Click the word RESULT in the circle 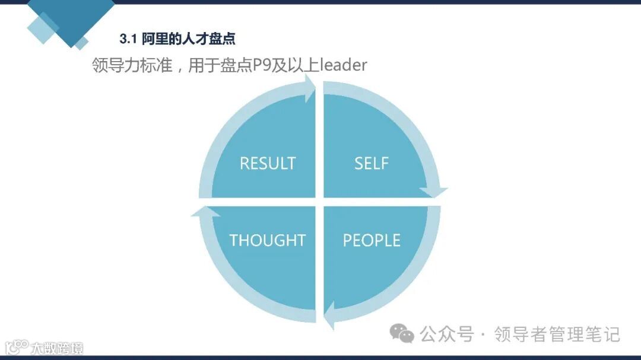267,163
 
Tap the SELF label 372,163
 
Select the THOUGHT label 267,240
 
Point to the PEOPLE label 372,240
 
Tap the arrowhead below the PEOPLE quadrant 330,316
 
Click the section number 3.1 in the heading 128,39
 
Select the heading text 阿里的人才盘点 189,39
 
